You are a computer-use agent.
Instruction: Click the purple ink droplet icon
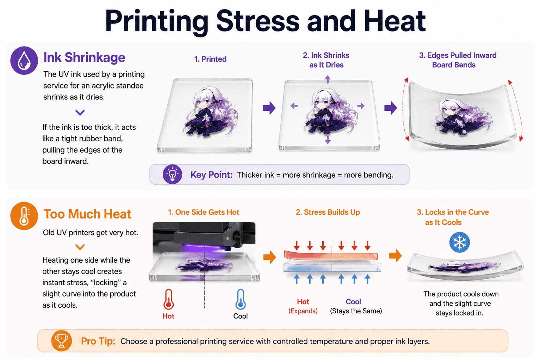24,60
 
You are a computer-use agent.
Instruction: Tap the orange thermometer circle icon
24,216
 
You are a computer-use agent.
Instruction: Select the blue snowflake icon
460,242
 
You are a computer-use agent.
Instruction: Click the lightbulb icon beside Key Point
172,175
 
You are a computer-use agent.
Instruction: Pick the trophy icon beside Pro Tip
61,341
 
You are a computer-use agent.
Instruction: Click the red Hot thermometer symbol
169,299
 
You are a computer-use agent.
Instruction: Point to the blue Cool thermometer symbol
241,299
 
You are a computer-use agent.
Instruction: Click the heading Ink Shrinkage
84,57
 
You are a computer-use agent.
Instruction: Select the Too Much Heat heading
87,214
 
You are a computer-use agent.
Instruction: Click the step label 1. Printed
210,59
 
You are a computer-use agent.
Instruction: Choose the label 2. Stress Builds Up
328,212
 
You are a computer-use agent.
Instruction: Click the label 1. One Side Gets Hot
204,212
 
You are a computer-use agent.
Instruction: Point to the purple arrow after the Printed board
269,108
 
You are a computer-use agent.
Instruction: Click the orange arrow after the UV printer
269,257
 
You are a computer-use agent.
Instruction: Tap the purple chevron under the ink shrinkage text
80,112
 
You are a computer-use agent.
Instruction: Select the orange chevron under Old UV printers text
80,247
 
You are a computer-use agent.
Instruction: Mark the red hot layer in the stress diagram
331,255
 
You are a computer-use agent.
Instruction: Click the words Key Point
211,175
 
